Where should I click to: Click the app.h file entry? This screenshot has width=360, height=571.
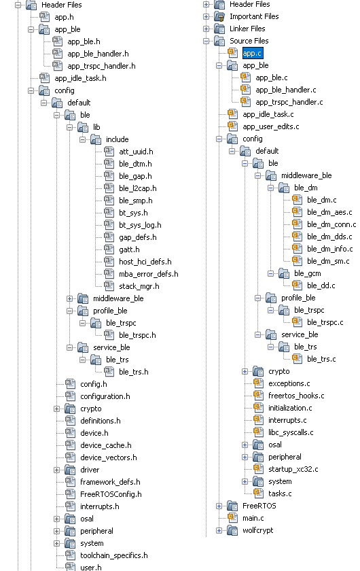point(64,17)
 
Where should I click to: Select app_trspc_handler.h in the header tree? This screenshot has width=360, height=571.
point(101,66)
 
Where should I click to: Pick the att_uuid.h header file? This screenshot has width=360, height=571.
point(136,152)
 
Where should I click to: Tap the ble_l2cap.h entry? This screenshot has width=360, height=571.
point(138,188)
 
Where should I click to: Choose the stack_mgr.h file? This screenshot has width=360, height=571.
point(139,286)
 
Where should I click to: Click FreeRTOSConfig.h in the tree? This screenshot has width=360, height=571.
point(111,494)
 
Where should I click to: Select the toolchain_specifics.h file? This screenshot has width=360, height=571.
point(114,555)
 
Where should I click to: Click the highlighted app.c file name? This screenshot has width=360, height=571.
point(252,53)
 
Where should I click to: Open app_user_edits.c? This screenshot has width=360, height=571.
point(271,126)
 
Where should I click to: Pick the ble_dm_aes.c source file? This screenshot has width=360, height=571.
point(329,212)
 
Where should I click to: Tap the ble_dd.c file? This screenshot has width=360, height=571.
point(321,285)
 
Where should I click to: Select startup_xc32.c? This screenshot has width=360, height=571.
point(293,469)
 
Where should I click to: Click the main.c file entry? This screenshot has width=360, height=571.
point(253,518)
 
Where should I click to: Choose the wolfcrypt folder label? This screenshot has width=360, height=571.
point(257,530)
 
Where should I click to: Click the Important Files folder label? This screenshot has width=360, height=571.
point(254,16)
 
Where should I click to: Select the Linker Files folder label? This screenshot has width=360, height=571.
point(247,29)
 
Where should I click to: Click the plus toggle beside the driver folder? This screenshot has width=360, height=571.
point(56,470)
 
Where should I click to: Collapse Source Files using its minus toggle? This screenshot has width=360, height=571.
point(206,41)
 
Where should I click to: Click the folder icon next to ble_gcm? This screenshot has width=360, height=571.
point(284,273)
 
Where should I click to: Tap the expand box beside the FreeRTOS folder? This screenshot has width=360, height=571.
point(219,506)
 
